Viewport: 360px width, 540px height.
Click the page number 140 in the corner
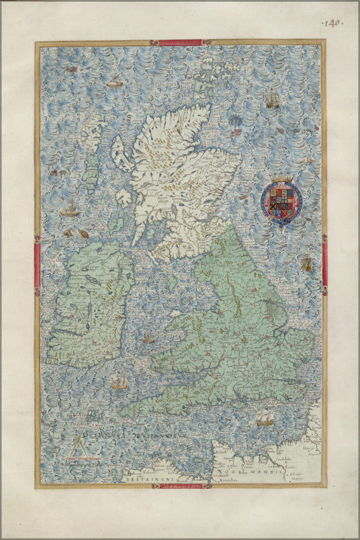pyautogui.click(x=332, y=23)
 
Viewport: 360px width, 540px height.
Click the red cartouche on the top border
pyautogui.click(x=180, y=42)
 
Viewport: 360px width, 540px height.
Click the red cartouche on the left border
pyautogui.click(x=37, y=265)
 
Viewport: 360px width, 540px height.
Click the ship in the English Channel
pyautogui.click(x=264, y=417)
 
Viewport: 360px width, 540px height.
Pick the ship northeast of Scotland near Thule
pyautogui.click(x=273, y=99)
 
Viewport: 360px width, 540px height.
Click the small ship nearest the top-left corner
pyautogui.click(x=114, y=81)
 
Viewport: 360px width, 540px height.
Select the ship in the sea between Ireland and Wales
pyautogui.click(x=147, y=337)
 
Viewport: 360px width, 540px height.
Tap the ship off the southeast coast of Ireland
pyautogui.click(x=119, y=382)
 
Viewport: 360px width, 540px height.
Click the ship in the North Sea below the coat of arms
pyautogui.click(x=306, y=262)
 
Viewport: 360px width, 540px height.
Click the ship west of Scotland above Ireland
pyautogui.click(x=71, y=210)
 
